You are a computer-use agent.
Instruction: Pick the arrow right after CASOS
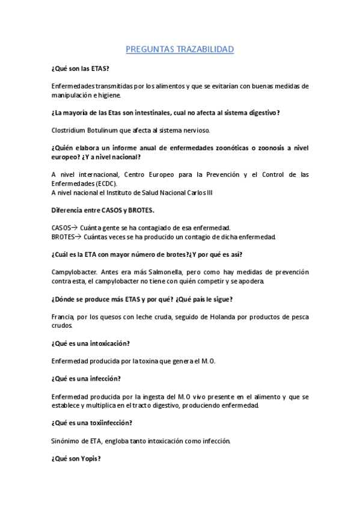75,227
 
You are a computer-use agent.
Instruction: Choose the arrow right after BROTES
78,236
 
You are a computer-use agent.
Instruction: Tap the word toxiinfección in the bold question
106,423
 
